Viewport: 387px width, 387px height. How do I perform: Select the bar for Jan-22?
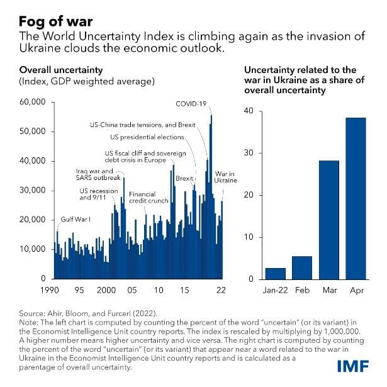tap(275, 273)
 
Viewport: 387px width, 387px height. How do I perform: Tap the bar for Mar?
tap(329, 220)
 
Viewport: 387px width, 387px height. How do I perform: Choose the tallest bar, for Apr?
tap(356, 198)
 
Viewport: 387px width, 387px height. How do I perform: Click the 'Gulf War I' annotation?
tap(76, 219)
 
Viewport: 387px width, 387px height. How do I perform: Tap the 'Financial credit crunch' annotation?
tap(149, 198)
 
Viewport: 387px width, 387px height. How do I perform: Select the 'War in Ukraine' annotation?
tap(225, 177)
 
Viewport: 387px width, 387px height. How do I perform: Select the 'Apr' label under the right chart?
tap(356, 291)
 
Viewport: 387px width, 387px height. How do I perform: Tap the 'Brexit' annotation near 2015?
tap(184, 178)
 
